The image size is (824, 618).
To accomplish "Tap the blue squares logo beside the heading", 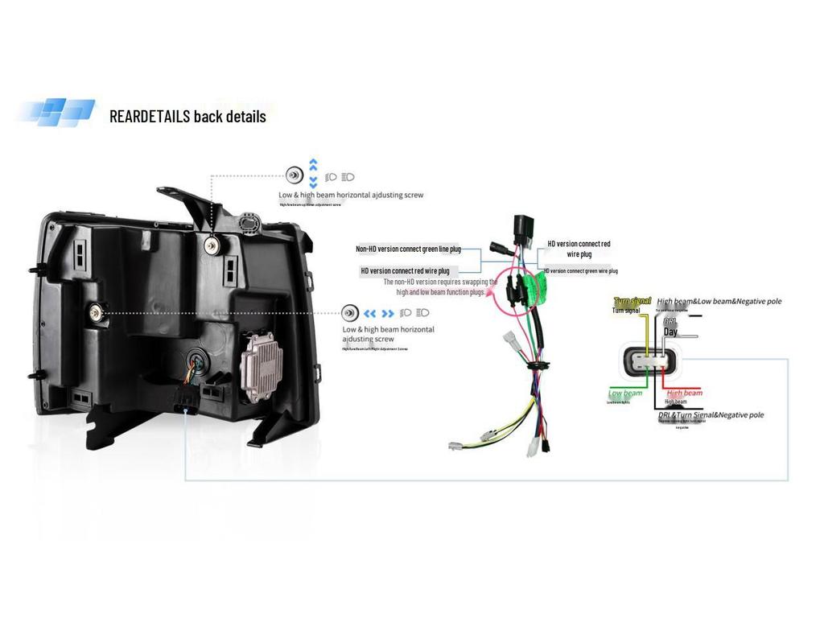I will [56, 112].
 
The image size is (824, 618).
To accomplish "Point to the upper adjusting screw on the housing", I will [212, 245].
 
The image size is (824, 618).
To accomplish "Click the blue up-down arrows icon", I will [314, 175].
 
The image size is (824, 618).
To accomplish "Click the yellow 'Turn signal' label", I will [632, 301].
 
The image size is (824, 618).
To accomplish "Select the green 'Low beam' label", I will [625, 393].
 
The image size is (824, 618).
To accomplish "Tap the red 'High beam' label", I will [684, 393].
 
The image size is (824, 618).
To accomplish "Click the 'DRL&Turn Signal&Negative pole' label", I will [711, 415].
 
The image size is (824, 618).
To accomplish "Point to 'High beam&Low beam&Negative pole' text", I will [719, 302].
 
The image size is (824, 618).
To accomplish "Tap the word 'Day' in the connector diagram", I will [670, 332].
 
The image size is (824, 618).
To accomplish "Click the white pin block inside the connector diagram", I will [649, 362].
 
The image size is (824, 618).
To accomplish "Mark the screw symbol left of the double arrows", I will [349, 313].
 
